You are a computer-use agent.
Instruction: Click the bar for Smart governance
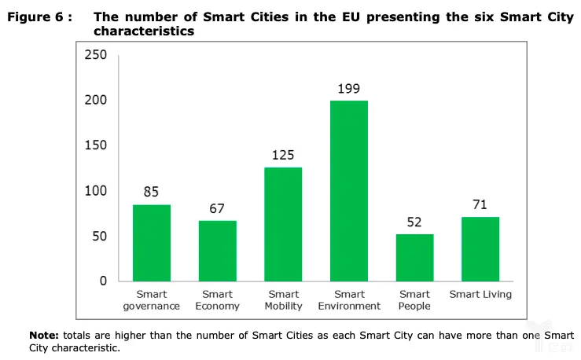(152, 243)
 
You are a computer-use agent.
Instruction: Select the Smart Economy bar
(217, 251)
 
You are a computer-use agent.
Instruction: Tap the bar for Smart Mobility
(283, 224)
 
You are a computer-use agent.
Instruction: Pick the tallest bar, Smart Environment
(349, 191)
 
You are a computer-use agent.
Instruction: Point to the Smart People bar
(414, 257)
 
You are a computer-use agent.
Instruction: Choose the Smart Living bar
(480, 249)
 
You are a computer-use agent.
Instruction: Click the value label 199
(349, 89)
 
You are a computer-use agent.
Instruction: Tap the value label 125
(283, 156)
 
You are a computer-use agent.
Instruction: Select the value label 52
(414, 222)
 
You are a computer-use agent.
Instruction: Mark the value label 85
(152, 193)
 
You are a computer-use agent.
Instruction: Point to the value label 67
(217, 208)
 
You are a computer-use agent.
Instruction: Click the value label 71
(480, 205)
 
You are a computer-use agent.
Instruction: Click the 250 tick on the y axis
(96, 55)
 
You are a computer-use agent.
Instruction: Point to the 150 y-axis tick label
(96, 145)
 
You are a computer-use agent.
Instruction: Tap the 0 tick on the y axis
(103, 281)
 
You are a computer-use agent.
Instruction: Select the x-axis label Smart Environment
(349, 300)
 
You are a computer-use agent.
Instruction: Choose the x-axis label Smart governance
(152, 300)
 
